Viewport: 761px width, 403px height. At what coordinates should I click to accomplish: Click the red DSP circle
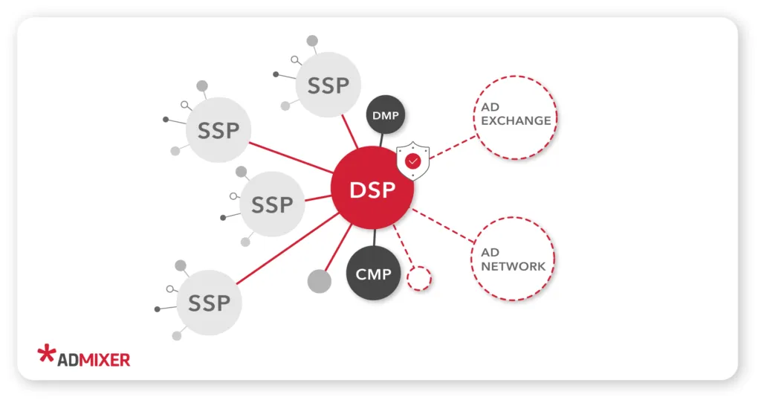click(371, 189)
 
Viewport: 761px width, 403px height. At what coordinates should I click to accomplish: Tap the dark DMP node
click(386, 115)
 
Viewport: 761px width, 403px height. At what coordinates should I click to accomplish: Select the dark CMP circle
click(374, 274)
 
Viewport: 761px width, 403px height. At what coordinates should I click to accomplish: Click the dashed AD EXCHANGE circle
click(515, 116)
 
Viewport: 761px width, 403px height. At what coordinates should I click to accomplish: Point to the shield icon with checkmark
click(413, 160)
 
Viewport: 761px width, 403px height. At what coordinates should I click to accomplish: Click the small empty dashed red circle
click(419, 278)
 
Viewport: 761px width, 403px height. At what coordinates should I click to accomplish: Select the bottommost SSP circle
click(210, 303)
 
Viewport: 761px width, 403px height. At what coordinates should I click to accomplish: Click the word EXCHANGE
click(516, 120)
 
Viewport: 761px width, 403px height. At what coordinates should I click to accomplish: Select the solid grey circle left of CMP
click(319, 280)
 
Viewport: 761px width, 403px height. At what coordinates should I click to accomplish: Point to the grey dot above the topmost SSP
click(313, 41)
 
